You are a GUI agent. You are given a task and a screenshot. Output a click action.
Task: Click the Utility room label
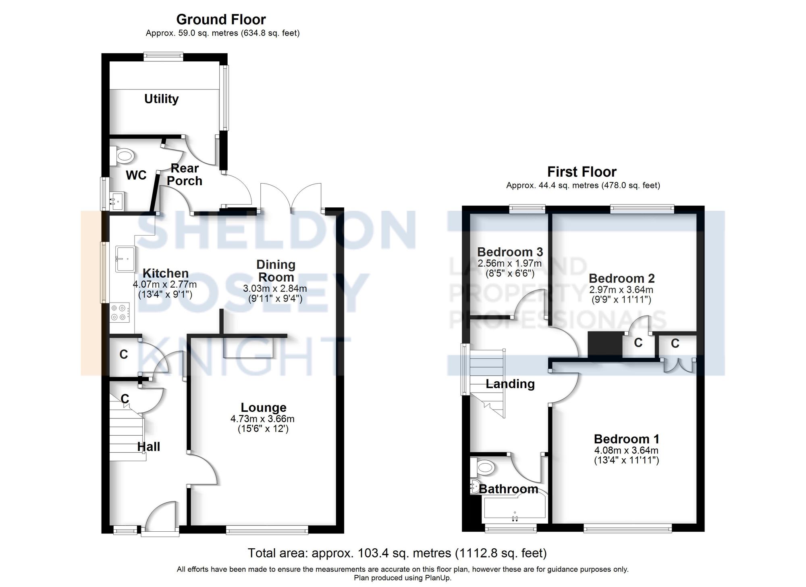point(161,99)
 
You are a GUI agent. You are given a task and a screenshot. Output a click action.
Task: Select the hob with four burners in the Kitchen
point(120,312)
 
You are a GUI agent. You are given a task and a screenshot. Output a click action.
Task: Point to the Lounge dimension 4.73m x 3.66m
point(262,419)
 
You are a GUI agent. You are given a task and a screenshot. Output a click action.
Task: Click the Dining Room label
point(276,271)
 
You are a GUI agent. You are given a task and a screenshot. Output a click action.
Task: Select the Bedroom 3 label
point(510,252)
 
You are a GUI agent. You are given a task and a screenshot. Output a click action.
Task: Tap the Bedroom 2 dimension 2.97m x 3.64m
point(621,290)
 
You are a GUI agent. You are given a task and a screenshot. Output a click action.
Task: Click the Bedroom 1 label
point(626,439)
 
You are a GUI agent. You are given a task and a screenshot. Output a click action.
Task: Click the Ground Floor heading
point(221,19)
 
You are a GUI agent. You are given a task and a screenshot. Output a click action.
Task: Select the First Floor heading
point(582,172)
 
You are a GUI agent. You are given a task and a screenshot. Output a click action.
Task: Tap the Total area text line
point(397,553)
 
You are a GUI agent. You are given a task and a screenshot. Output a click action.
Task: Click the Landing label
point(510,384)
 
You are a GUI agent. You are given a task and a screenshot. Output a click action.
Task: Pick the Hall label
point(148,447)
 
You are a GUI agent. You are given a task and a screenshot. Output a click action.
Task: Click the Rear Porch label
point(185,174)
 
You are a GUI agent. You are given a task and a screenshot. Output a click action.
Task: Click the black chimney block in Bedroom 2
point(605,344)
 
